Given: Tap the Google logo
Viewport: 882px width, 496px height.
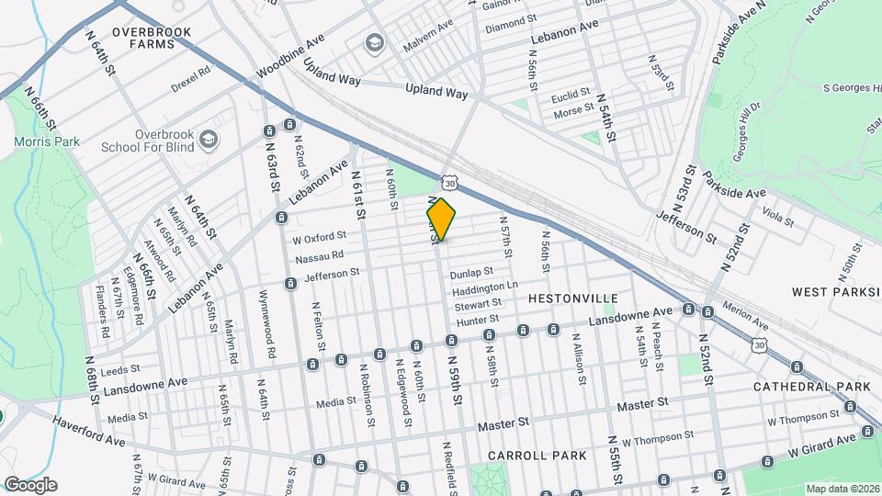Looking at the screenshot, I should click(30, 485).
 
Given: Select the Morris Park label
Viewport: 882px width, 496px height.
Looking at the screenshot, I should click(47, 141).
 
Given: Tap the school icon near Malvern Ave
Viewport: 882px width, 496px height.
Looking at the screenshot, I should click(374, 43).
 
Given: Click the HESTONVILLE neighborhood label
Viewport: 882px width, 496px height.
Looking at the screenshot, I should click(568, 299).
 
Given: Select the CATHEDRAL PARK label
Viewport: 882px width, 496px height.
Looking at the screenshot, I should click(811, 387).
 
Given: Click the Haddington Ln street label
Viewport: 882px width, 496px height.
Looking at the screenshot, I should click(485, 287).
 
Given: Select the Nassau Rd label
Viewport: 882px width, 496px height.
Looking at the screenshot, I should click(319, 254).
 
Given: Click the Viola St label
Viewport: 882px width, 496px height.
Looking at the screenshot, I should click(777, 217).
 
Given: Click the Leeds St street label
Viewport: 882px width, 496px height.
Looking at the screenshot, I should click(119, 371).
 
